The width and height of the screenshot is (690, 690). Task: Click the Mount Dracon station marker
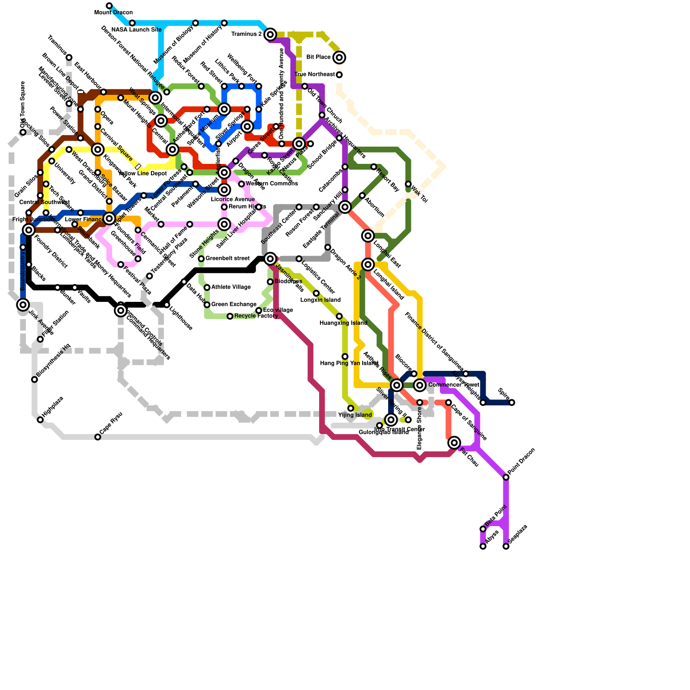click(x=109, y=6)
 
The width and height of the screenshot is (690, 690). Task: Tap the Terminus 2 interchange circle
click(x=270, y=34)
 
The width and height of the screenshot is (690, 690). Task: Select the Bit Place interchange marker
click(x=339, y=57)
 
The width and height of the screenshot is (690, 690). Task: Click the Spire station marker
click(x=511, y=403)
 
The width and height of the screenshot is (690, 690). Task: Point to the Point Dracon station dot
click(x=506, y=477)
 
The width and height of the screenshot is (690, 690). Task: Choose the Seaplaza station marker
click(x=506, y=546)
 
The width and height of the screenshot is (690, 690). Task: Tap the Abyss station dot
click(x=483, y=546)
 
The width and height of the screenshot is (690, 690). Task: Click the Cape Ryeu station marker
click(x=98, y=437)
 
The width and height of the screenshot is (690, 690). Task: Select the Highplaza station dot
click(x=40, y=420)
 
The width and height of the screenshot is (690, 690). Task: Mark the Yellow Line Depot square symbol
click(x=138, y=166)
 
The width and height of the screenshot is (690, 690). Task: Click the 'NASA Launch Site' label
click(x=136, y=30)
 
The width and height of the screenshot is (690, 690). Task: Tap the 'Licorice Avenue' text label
click(x=233, y=199)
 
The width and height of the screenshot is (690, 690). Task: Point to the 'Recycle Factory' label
click(x=256, y=316)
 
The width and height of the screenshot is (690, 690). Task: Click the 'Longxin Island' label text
click(x=320, y=300)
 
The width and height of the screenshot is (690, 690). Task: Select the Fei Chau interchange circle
click(x=454, y=442)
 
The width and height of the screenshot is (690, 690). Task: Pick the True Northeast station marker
click(x=339, y=75)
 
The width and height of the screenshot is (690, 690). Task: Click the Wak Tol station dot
click(x=408, y=184)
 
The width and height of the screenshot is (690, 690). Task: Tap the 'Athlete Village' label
click(x=231, y=287)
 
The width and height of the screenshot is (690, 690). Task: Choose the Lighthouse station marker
click(x=167, y=305)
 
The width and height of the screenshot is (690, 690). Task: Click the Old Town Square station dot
click(x=23, y=132)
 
